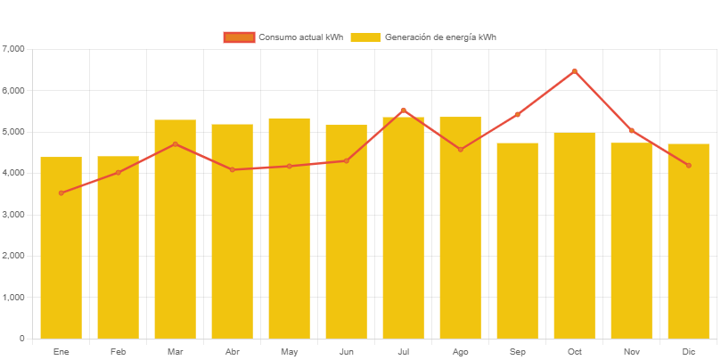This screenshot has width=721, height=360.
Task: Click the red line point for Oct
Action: (575, 70)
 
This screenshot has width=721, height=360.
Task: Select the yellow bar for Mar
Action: (175, 229)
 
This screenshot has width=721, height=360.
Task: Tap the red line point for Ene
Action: (61, 192)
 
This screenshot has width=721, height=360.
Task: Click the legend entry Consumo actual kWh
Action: (283, 37)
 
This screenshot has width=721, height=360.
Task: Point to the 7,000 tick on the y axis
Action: (14, 48)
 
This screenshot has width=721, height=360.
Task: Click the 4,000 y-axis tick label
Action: (14, 173)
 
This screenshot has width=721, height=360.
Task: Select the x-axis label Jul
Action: (404, 352)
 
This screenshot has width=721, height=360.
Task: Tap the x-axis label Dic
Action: (689, 352)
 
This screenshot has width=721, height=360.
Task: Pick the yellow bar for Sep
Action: (518, 241)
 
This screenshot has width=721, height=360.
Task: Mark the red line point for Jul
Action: (404, 110)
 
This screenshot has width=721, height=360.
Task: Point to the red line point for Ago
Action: (461, 149)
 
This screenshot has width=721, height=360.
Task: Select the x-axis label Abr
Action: (232, 352)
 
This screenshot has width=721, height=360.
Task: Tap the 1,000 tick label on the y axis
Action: (14, 297)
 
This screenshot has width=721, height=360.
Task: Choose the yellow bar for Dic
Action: (689, 241)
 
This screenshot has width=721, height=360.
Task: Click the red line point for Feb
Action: (118, 172)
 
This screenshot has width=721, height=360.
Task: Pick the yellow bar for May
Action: (289, 228)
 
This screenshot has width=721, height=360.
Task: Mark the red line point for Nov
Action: (632, 130)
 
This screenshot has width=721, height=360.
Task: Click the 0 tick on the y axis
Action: (20, 339)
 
